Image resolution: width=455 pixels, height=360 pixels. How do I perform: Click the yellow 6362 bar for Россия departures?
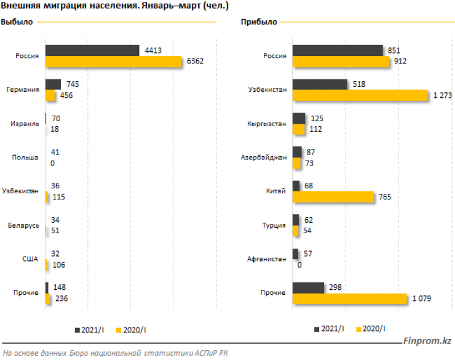coord(114,62)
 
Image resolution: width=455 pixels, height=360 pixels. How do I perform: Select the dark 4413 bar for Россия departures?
coord(92,50)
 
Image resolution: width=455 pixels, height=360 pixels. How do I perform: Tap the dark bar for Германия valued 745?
coord(53,84)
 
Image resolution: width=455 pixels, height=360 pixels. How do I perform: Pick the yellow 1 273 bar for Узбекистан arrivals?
coord(360,95)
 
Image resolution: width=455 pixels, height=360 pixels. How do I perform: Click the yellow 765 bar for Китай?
coord(333,197)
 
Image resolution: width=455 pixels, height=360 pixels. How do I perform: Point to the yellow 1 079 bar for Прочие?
coord(349,298)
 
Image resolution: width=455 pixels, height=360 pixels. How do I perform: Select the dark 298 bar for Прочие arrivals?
coord(308,287)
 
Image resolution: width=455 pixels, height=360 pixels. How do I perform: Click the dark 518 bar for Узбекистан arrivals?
coord(320,84)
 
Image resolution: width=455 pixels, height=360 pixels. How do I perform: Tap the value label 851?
coord(395,50)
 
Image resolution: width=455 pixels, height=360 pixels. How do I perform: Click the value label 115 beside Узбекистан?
coord(59,197)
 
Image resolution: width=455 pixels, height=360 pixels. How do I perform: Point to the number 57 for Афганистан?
coord(309,254)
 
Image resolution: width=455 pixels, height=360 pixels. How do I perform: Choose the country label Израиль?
coord(26,124)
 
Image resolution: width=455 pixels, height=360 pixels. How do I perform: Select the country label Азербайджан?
coord(263,158)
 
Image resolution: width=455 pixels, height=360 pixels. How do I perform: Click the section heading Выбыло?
coord(17,22)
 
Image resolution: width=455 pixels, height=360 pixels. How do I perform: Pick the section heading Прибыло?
coord(259,22)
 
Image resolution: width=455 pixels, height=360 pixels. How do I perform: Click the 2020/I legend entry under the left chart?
coord(132,330)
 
